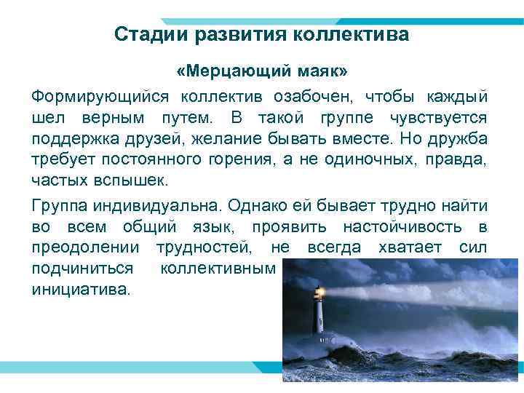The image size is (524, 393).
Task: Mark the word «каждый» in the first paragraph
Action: pos(461,97)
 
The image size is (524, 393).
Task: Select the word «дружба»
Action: pos(463,138)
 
